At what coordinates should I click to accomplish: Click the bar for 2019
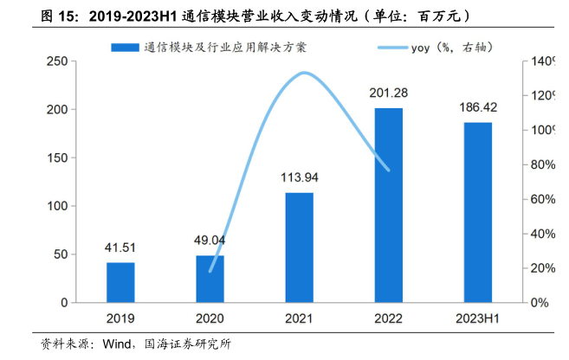click(120, 282)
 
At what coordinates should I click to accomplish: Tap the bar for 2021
click(299, 247)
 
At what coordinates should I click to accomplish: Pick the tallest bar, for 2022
click(388, 205)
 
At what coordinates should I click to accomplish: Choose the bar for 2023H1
click(477, 212)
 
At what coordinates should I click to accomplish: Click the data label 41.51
click(120, 248)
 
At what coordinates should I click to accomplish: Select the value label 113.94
click(299, 178)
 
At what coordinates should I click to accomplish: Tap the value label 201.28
click(388, 94)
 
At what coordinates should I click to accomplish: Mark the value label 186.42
click(477, 108)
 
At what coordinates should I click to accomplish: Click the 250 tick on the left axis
click(58, 61)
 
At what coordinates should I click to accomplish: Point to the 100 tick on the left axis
click(58, 207)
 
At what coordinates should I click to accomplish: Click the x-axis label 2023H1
click(477, 318)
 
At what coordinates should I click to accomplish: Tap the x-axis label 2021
click(299, 318)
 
